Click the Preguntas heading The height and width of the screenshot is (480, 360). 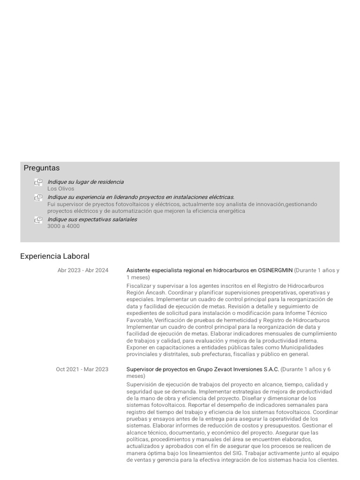pos(42,168)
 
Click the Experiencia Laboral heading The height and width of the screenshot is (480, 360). pos(55,256)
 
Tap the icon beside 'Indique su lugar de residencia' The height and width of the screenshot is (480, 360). pos(38,182)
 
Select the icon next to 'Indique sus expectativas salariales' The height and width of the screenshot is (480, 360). pos(38,220)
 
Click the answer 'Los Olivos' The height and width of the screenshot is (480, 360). pos(60,188)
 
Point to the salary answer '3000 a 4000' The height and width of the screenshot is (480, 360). pos(63,226)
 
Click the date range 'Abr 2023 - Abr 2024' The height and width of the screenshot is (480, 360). pos(83,270)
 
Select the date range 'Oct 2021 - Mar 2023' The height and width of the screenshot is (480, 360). pos(82,369)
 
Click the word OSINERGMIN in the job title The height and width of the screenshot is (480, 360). pos(275,270)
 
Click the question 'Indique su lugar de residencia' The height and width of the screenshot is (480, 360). pos(85,182)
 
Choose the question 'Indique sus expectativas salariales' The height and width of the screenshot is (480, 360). pos(92,219)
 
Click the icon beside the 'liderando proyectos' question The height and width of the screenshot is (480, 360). pos(38,198)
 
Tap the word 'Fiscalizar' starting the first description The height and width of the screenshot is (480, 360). pos(139,285)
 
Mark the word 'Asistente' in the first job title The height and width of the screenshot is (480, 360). pos(139,270)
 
